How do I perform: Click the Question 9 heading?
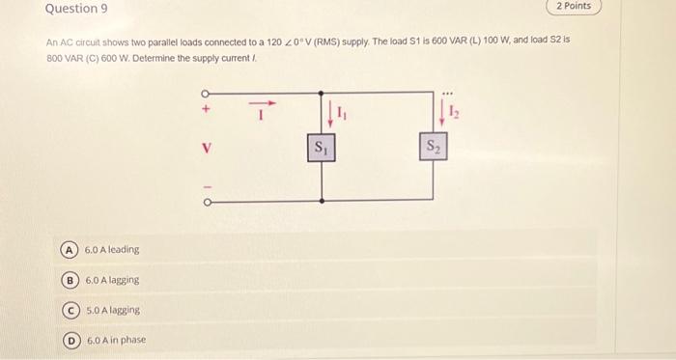click(76, 10)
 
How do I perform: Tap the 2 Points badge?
click(575, 7)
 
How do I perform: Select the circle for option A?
click(70, 249)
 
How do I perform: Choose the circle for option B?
click(70, 280)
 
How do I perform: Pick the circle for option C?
click(70, 310)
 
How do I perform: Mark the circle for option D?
click(70, 341)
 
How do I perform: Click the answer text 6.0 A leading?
click(112, 249)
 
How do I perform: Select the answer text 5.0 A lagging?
click(113, 310)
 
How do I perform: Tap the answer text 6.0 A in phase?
click(116, 341)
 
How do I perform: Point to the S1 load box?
click(320, 149)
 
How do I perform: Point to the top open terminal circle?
click(206, 93)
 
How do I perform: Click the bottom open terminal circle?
click(206, 203)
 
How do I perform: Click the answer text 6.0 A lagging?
click(112, 280)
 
